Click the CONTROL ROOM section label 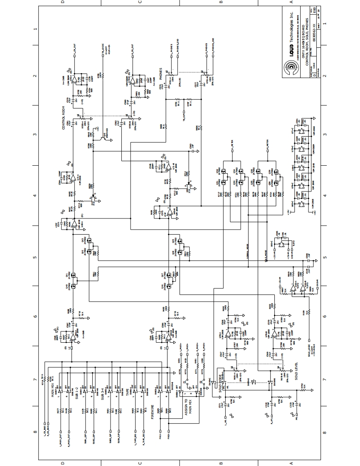tap(64, 119)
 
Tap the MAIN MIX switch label tap(53, 390)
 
